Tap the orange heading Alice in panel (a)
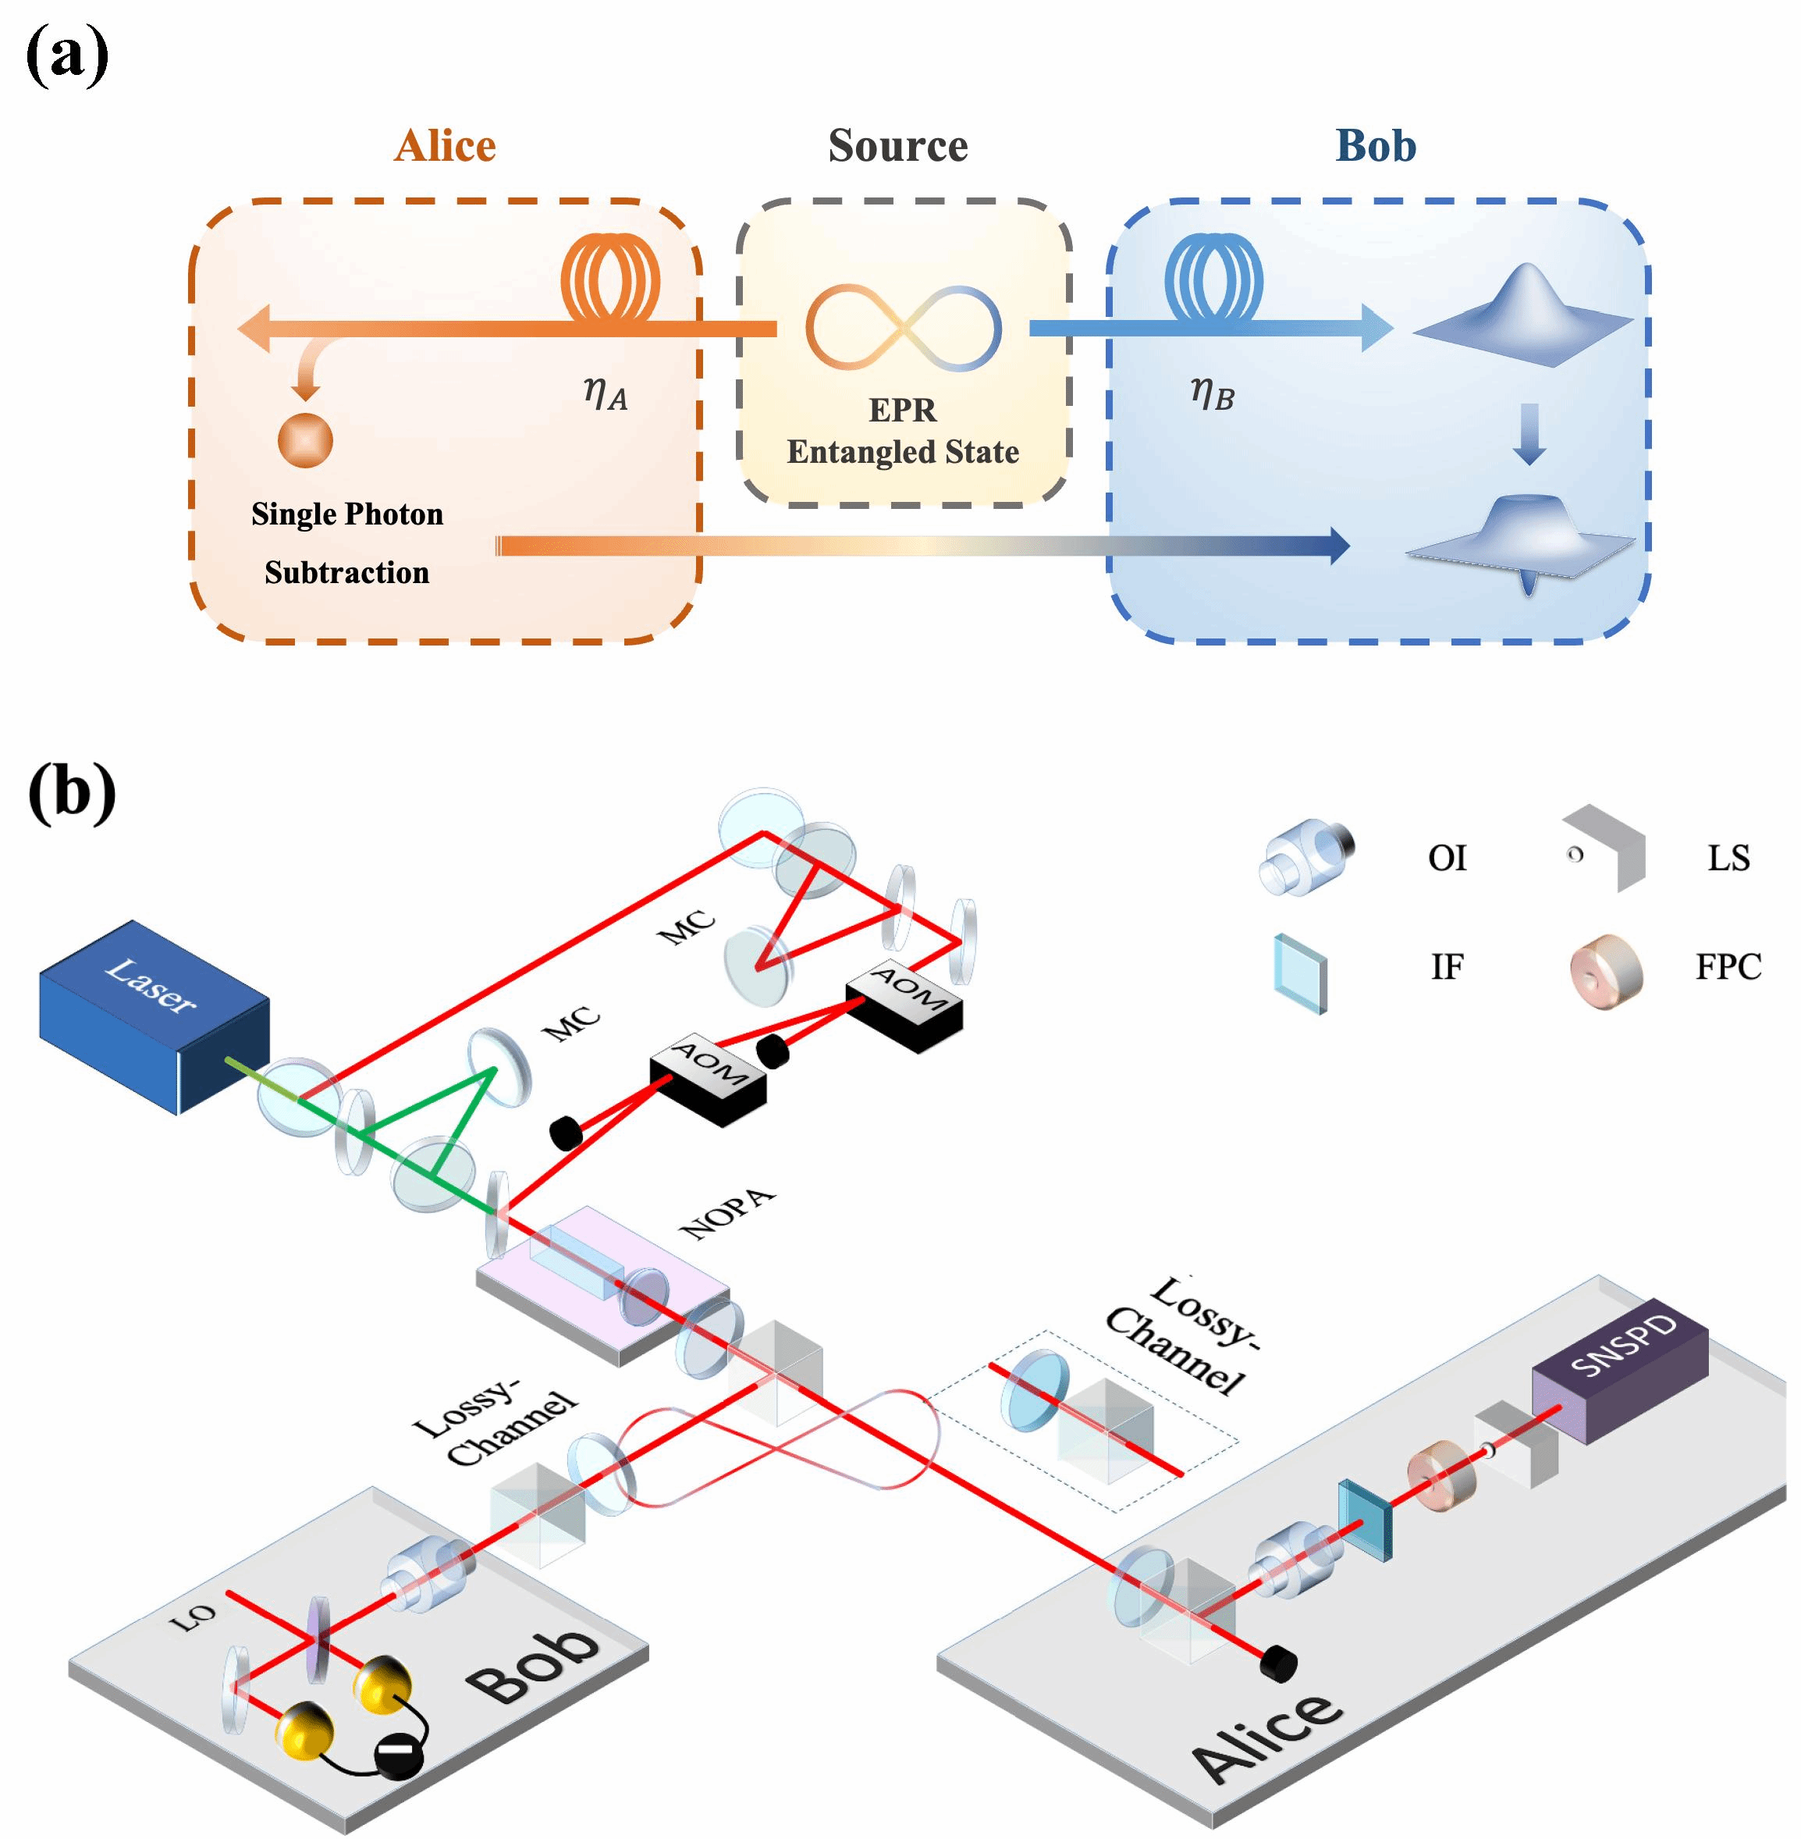[445, 146]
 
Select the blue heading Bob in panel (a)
[1376, 146]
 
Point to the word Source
[897, 146]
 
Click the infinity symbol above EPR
[904, 327]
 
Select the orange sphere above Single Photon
[306, 441]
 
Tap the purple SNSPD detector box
[1619, 1370]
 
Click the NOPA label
[727, 1215]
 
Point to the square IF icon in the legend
[1301, 973]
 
